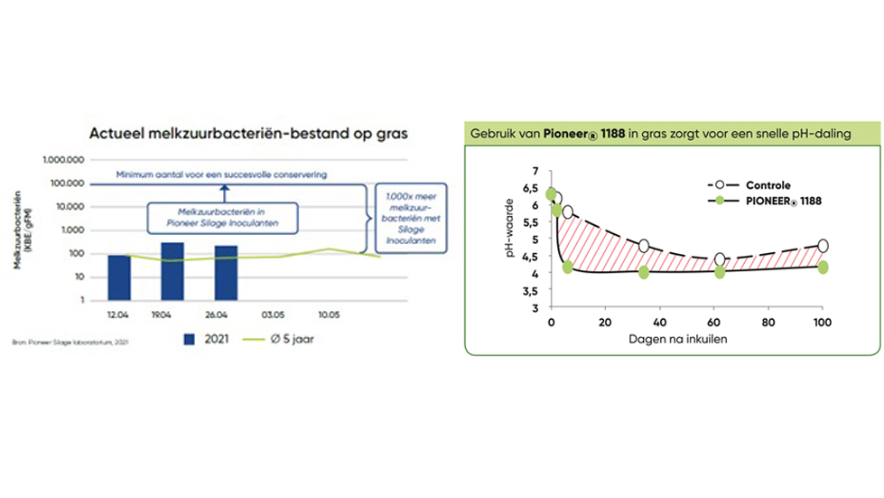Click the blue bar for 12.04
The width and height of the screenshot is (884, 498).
point(118,277)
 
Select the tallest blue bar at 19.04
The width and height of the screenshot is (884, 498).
point(172,271)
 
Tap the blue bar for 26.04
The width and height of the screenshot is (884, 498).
point(226,273)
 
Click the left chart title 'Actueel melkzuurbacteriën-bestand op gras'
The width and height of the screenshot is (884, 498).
point(248,133)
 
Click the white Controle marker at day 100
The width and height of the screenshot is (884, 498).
point(823,246)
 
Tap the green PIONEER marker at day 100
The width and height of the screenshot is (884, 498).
point(823,267)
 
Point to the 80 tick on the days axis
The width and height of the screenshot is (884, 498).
point(768,324)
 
